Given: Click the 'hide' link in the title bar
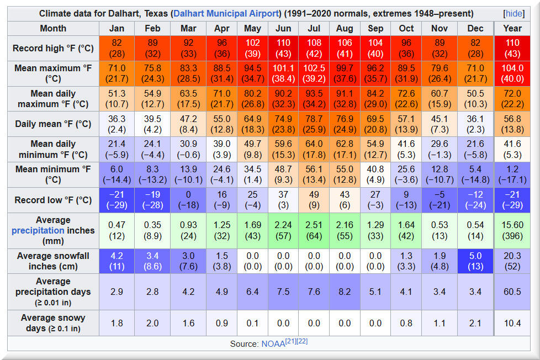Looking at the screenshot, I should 514,13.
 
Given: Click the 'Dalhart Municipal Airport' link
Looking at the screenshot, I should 226,13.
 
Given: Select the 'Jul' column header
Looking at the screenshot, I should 314,28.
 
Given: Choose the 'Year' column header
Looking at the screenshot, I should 512,28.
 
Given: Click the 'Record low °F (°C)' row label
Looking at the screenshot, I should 53,200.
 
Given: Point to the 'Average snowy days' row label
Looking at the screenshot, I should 53,323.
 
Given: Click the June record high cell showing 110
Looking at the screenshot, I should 283,48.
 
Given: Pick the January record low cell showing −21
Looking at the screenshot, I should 117,200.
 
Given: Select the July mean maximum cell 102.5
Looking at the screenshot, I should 314,73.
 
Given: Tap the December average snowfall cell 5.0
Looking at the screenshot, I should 475,261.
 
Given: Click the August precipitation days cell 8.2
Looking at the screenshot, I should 345,292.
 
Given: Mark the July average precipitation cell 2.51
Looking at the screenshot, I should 314,230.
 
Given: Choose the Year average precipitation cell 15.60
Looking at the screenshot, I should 512,230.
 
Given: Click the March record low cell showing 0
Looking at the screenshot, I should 188,200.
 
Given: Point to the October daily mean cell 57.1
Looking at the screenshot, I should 406,124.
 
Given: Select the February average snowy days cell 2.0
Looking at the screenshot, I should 152,323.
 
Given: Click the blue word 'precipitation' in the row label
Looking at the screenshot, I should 38,230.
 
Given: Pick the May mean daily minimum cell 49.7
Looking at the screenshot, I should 252,150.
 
